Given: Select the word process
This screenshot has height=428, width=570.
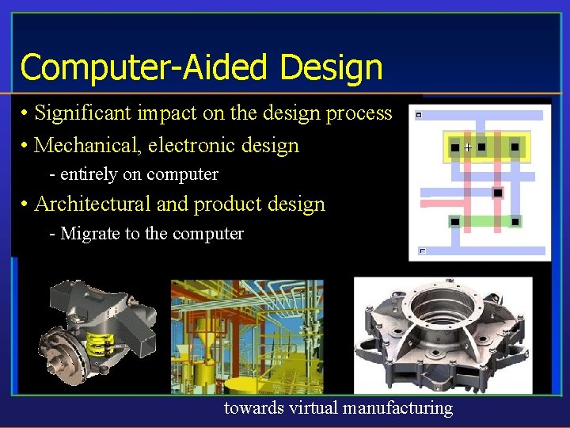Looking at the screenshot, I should [x=359, y=114].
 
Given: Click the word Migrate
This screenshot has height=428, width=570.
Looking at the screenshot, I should [x=86, y=234].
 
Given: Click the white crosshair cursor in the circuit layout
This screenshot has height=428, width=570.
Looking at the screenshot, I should [x=467, y=147].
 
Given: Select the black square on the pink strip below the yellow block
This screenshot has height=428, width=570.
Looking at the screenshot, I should [x=497, y=193].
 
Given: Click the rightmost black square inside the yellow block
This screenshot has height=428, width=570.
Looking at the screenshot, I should [x=515, y=147].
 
